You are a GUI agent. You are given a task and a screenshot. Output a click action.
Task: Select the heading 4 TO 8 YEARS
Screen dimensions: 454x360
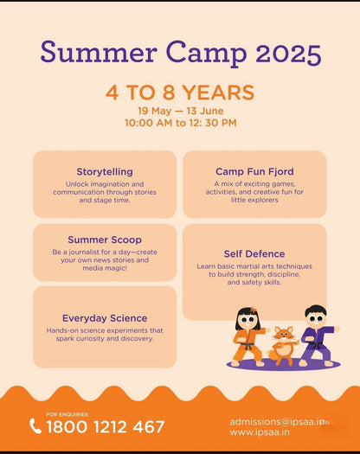180,93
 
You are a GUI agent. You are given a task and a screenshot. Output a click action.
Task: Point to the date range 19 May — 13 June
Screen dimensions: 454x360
180,111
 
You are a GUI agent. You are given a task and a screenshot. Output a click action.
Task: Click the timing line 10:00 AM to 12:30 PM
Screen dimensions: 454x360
180,123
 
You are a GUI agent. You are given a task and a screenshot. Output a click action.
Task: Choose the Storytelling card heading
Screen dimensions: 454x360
105,171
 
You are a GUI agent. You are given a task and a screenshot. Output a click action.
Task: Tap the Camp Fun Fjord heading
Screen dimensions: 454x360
254,171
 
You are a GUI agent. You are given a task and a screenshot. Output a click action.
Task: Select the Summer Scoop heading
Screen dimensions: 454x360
105,240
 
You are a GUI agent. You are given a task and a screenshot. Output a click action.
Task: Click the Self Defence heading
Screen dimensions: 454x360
254,254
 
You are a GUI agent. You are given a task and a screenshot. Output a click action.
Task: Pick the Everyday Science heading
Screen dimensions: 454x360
105,318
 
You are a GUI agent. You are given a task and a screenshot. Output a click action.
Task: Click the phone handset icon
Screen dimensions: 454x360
35,425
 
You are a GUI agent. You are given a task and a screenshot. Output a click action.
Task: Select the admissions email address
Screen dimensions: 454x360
278,421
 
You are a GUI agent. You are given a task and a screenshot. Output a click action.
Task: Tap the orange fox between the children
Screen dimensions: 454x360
281,342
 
